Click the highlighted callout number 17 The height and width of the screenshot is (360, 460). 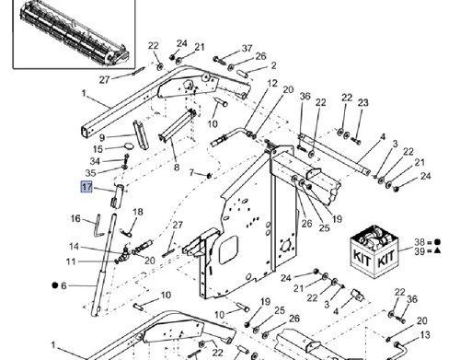[x=86, y=187]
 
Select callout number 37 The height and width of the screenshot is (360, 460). [x=247, y=49]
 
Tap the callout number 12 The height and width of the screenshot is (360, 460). [x=272, y=84]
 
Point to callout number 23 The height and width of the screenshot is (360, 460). [x=362, y=103]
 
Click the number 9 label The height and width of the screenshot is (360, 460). [x=102, y=137]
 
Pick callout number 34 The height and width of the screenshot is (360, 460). [x=95, y=161]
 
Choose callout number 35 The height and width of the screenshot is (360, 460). [x=90, y=173]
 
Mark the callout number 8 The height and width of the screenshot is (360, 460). [x=177, y=168]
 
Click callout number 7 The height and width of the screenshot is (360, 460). [x=192, y=173]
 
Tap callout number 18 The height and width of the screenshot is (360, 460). [x=138, y=212]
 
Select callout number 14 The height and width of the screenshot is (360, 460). [x=74, y=247]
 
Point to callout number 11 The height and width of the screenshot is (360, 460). [x=71, y=261]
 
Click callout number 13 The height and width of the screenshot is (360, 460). [x=425, y=335]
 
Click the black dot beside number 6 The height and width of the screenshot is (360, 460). [x=55, y=285]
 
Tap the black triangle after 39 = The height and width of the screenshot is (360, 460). [x=438, y=250]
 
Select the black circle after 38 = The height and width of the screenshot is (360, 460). [x=438, y=242]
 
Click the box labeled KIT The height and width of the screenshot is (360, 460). [x=374, y=251]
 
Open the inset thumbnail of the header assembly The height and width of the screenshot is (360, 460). [x=74, y=34]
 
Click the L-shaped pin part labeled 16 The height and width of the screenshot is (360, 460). [x=99, y=226]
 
